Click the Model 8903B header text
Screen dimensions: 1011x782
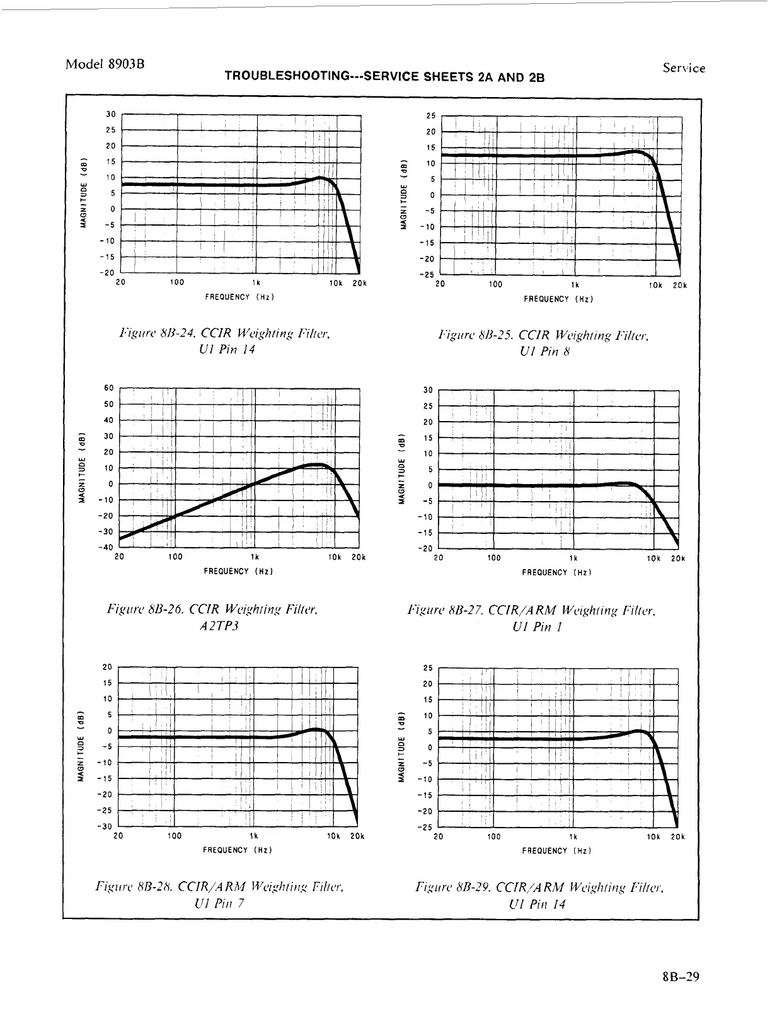pyautogui.click(x=105, y=64)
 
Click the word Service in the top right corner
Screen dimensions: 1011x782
pyautogui.click(x=684, y=68)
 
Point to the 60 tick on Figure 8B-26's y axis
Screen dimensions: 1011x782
pyautogui.click(x=108, y=388)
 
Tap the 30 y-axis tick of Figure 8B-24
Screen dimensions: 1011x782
pyautogui.click(x=111, y=114)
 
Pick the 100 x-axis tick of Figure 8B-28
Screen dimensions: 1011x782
pyautogui.click(x=175, y=836)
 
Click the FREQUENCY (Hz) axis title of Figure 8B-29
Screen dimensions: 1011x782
pyautogui.click(x=556, y=851)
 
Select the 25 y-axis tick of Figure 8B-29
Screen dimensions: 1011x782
pyautogui.click(x=428, y=667)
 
